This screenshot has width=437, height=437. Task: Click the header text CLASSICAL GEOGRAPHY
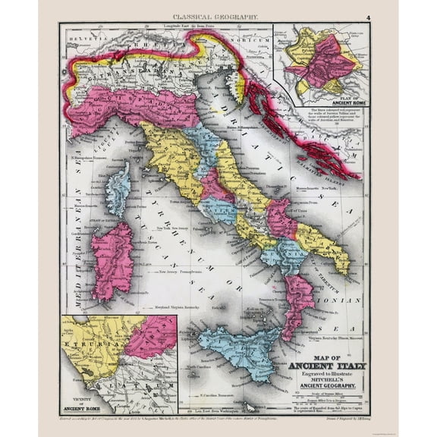[x=216, y=15]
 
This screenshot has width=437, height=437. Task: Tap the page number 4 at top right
[x=368, y=16]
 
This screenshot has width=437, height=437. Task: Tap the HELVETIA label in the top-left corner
[x=80, y=36]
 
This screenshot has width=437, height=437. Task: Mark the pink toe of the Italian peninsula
[x=297, y=296]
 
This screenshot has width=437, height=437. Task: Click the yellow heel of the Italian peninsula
[x=326, y=243]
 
